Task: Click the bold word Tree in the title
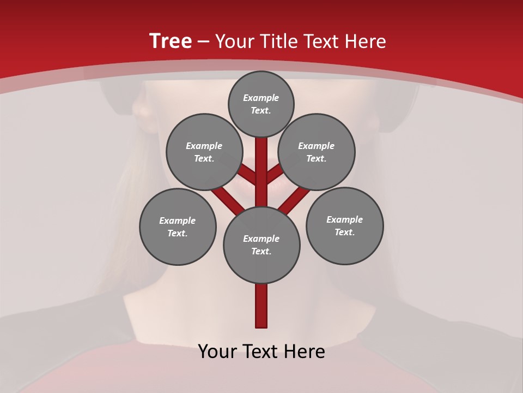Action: (x=171, y=41)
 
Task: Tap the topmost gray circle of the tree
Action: (x=261, y=104)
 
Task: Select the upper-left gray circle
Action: (x=204, y=152)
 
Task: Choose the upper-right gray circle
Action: (x=317, y=152)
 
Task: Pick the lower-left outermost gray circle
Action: (x=178, y=227)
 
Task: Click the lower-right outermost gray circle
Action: (x=345, y=225)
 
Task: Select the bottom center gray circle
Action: (x=261, y=245)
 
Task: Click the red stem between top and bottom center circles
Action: (x=261, y=169)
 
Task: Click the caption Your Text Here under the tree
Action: (x=261, y=352)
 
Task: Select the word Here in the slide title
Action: (x=367, y=41)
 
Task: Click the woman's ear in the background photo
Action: (x=143, y=112)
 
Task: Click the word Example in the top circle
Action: (x=261, y=98)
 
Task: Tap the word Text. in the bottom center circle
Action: (x=261, y=251)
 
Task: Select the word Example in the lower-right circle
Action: (x=344, y=219)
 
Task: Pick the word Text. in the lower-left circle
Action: (x=177, y=233)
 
